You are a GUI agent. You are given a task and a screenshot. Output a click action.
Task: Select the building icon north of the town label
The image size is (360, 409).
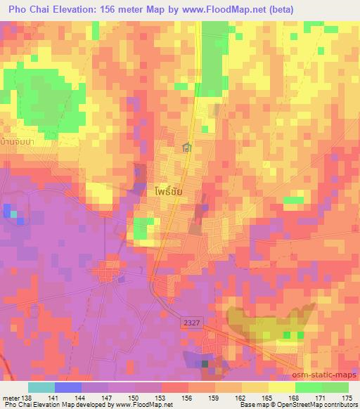click(x=186, y=148)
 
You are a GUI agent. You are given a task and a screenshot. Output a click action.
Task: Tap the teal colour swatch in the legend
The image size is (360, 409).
click(x=41, y=387)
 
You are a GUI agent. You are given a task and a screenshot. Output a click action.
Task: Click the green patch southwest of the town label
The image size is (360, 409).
click(x=143, y=229)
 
